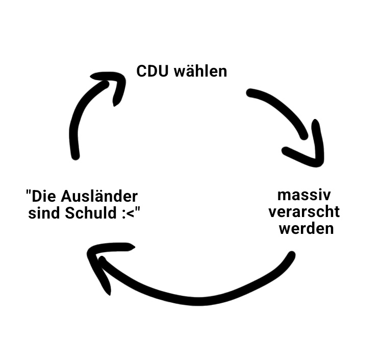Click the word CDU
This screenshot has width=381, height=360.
[x=153, y=70]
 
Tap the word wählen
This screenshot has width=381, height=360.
[x=200, y=70]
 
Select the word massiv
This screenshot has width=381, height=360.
[x=304, y=195]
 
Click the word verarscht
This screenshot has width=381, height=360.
[x=304, y=211]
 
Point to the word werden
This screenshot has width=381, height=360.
[x=306, y=228]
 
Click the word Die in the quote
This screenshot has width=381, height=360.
[x=45, y=196]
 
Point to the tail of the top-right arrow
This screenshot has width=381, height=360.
[x=250, y=93]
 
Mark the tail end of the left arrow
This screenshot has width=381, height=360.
[x=75, y=154]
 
